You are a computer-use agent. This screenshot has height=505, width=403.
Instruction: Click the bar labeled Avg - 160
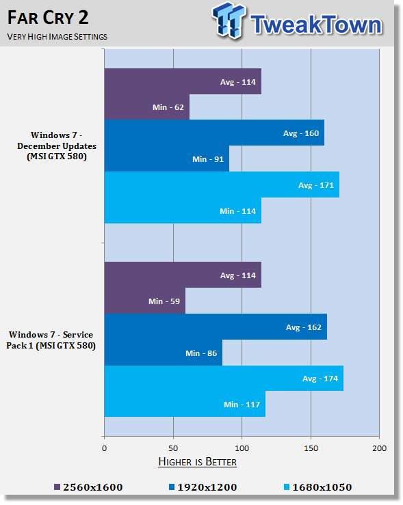point(213,133)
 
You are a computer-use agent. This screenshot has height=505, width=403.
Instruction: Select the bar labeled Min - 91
point(166,159)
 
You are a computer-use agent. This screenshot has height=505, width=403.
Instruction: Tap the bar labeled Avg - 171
point(221,185)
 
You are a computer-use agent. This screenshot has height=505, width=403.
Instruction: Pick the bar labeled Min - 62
point(146,107)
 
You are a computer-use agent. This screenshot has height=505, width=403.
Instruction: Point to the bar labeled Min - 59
point(144,301)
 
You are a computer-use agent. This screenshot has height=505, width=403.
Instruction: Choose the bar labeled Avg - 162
point(215,327)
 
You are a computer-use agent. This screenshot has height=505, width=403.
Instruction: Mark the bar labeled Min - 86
point(163,353)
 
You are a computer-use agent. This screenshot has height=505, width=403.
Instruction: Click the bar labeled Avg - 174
point(223,379)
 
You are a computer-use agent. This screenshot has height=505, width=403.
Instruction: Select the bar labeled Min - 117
point(184,405)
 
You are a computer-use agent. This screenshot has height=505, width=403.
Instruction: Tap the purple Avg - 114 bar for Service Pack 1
point(182,275)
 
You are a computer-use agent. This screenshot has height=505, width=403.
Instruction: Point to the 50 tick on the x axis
point(173,448)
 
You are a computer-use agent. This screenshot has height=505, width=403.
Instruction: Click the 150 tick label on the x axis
point(311,448)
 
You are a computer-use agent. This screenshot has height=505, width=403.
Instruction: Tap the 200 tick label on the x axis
point(379,448)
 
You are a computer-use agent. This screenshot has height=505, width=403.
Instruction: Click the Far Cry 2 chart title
point(49,16)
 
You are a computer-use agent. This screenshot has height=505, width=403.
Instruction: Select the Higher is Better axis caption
point(197,462)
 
